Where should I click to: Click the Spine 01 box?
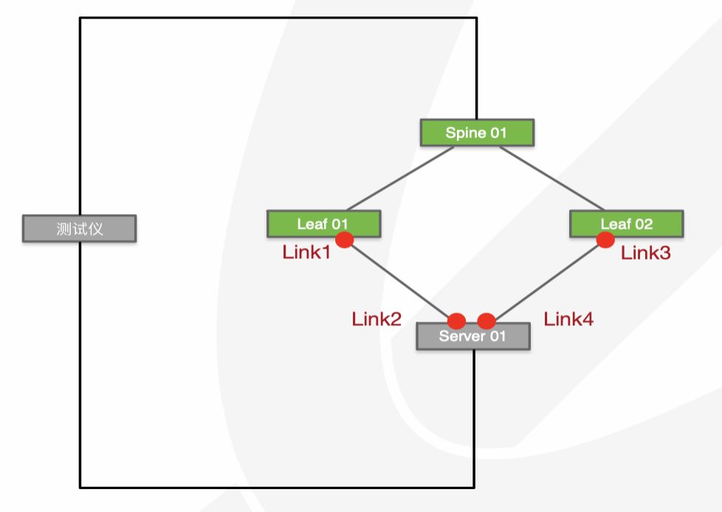[x=476, y=133]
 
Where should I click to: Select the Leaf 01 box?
[x=323, y=224]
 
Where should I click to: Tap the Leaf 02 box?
[x=626, y=224]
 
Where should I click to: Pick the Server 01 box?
[x=472, y=337]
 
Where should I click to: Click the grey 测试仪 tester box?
[x=79, y=229]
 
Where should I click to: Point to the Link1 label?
[x=306, y=252]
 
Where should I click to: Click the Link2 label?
[x=377, y=319]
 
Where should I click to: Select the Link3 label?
[x=645, y=253]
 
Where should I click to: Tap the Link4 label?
[x=568, y=319]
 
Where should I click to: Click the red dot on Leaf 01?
[x=344, y=240]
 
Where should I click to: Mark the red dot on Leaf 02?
[x=605, y=240]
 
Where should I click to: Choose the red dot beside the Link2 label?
[x=457, y=321]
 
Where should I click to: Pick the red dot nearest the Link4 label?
[x=486, y=321]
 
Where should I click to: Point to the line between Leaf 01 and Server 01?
[x=399, y=280]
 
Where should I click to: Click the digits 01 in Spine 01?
[x=497, y=133]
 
